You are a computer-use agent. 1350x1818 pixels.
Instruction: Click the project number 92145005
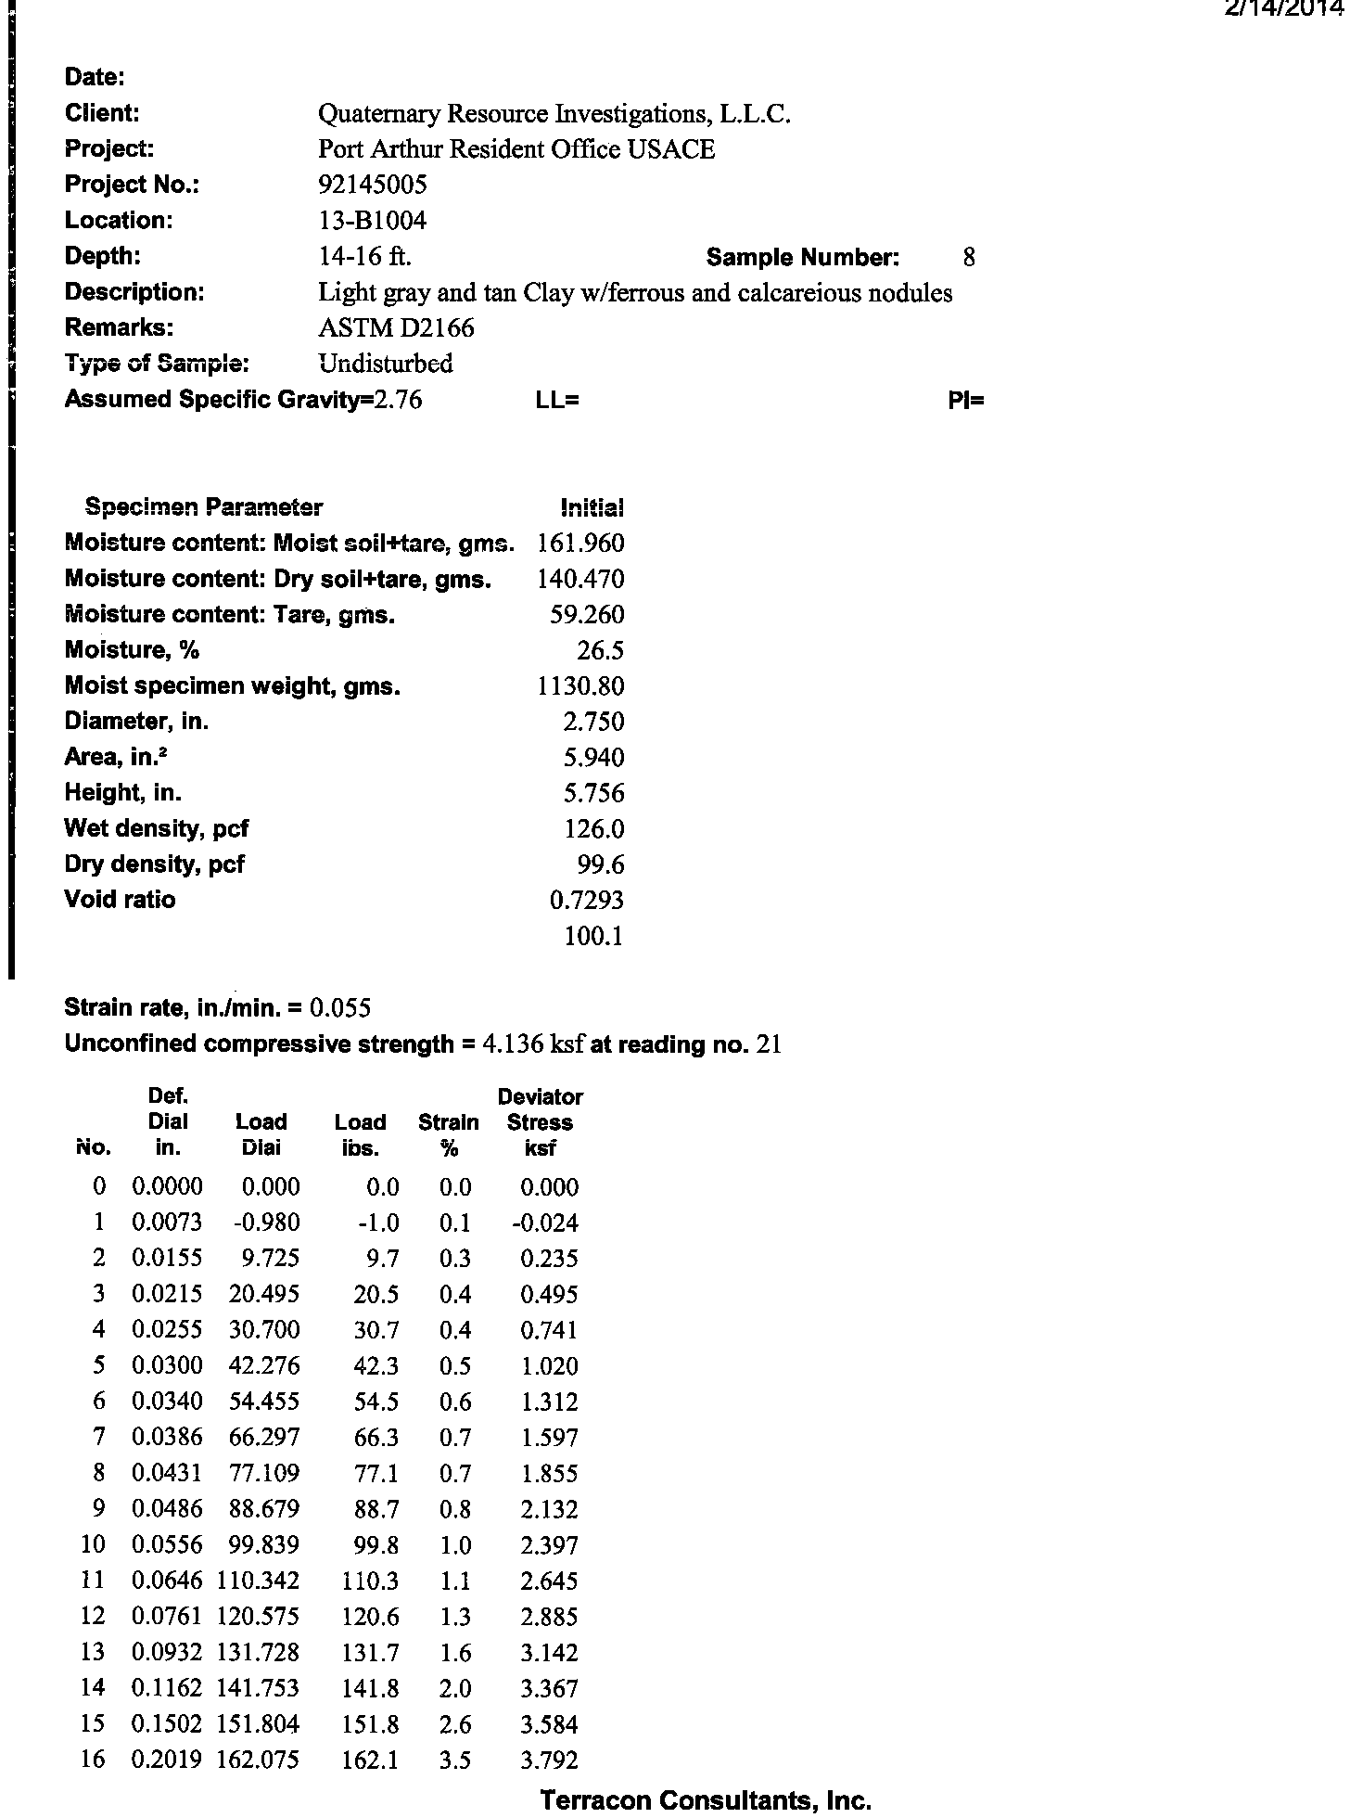coord(372,185)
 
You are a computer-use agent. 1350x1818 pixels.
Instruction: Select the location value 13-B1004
coord(372,221)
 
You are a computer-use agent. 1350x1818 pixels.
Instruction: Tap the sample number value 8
coord(969,257)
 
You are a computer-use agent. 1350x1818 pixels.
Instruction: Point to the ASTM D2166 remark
coord(396,327)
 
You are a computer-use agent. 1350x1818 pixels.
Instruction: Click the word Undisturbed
coord(385,364)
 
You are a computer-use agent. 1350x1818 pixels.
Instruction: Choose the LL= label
coord(557,400)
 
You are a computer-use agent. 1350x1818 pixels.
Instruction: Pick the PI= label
coord(966,400)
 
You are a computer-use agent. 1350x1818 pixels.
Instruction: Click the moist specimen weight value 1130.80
coord(580,686)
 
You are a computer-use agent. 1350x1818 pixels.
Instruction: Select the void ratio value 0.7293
coord(586,900)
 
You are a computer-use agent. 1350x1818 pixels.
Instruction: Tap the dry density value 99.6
coord(600,864)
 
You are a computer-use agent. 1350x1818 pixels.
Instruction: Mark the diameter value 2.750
coord(593,722)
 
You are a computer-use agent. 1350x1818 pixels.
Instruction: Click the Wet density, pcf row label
coord(156,828)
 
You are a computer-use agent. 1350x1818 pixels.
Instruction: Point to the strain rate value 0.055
coord(340,1007)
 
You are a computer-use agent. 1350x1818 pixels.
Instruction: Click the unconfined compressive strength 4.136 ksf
coord(533,1044)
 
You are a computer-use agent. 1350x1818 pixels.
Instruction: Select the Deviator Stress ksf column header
coord(540,1122)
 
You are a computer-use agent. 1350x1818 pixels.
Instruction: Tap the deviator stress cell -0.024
coord(544,1223)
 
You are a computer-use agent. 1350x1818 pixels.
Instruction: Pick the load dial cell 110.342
coord(258,1581)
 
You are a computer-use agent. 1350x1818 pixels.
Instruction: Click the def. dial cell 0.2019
coord(167,1760)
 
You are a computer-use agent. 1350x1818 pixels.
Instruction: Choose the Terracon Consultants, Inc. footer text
coord(706,1800)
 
